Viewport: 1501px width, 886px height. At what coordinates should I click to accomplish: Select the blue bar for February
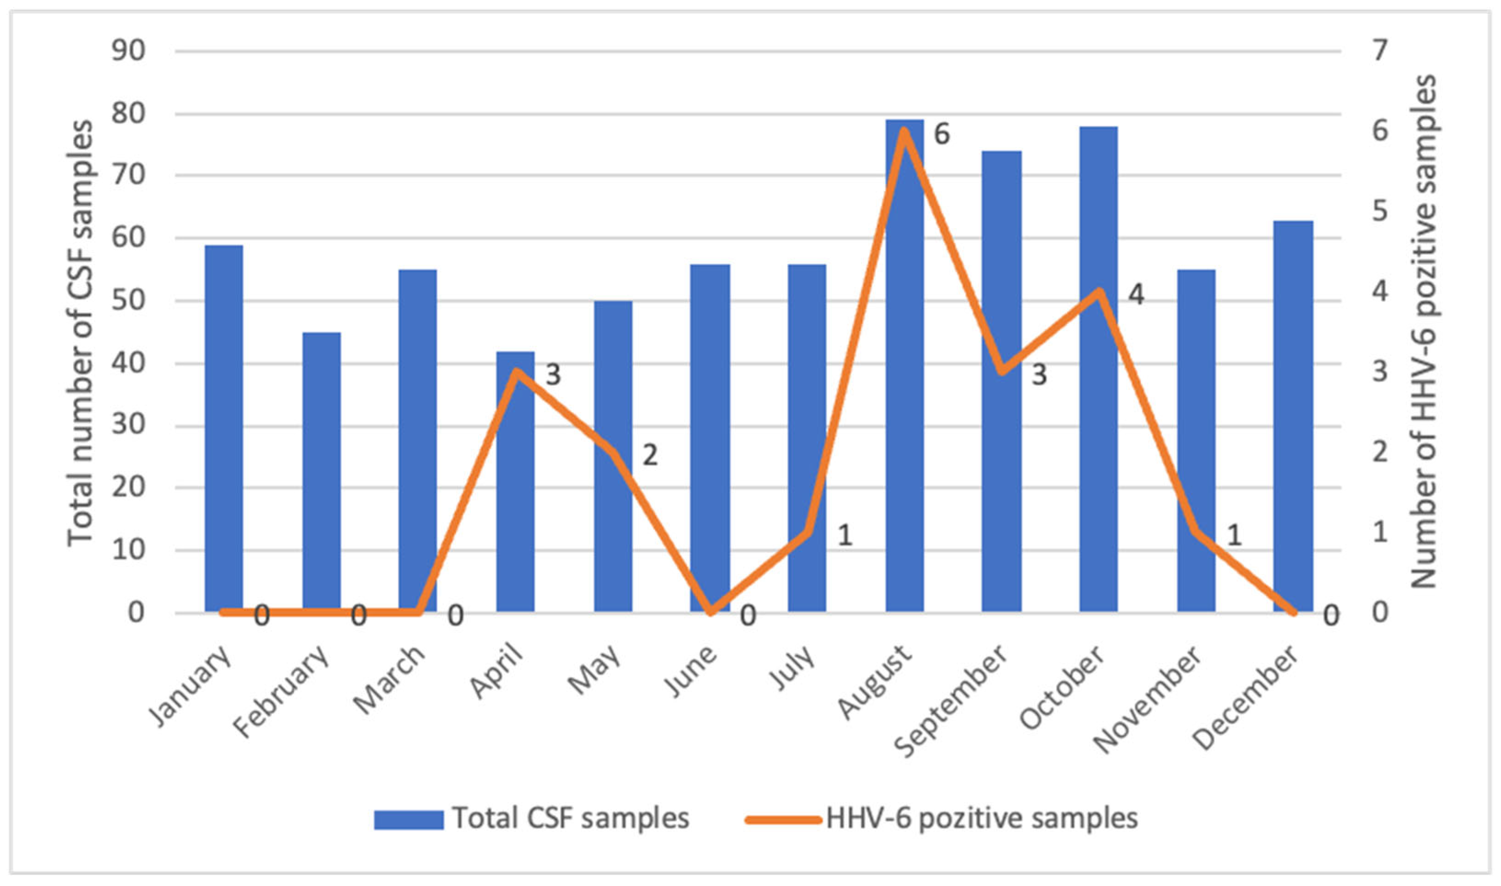(x=322, y=472)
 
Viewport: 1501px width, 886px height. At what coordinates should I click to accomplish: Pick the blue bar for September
(x=1001, y=382)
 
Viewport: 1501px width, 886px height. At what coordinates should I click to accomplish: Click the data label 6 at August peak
(x=942, y=134)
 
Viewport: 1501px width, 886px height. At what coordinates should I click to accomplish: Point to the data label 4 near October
(x=1135, y=295)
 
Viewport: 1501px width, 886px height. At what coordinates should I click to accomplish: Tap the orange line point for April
(x=516, y=372)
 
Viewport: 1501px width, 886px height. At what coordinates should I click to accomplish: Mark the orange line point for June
(x=710, y=612)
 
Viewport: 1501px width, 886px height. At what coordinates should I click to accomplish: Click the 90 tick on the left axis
(x=128, y=51)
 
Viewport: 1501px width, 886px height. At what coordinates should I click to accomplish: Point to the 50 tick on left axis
(x=128, y=300)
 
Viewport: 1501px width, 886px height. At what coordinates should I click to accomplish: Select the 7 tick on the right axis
(x=1379, y=51)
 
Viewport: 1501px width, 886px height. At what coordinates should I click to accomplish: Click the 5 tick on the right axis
(x=1379, y=211)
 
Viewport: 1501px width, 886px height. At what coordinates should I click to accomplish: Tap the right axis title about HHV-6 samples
(x=1423, y=332)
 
